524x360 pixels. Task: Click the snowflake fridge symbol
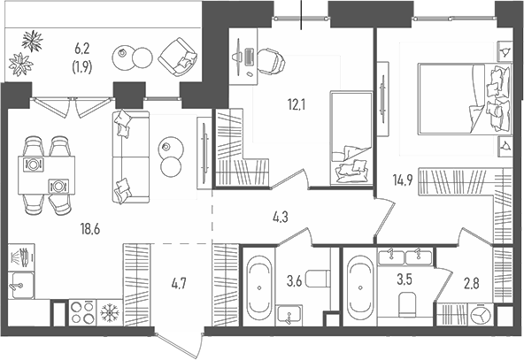point(109,313)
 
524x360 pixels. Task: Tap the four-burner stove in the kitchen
point(81,314)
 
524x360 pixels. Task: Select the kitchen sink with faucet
point(20,286)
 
